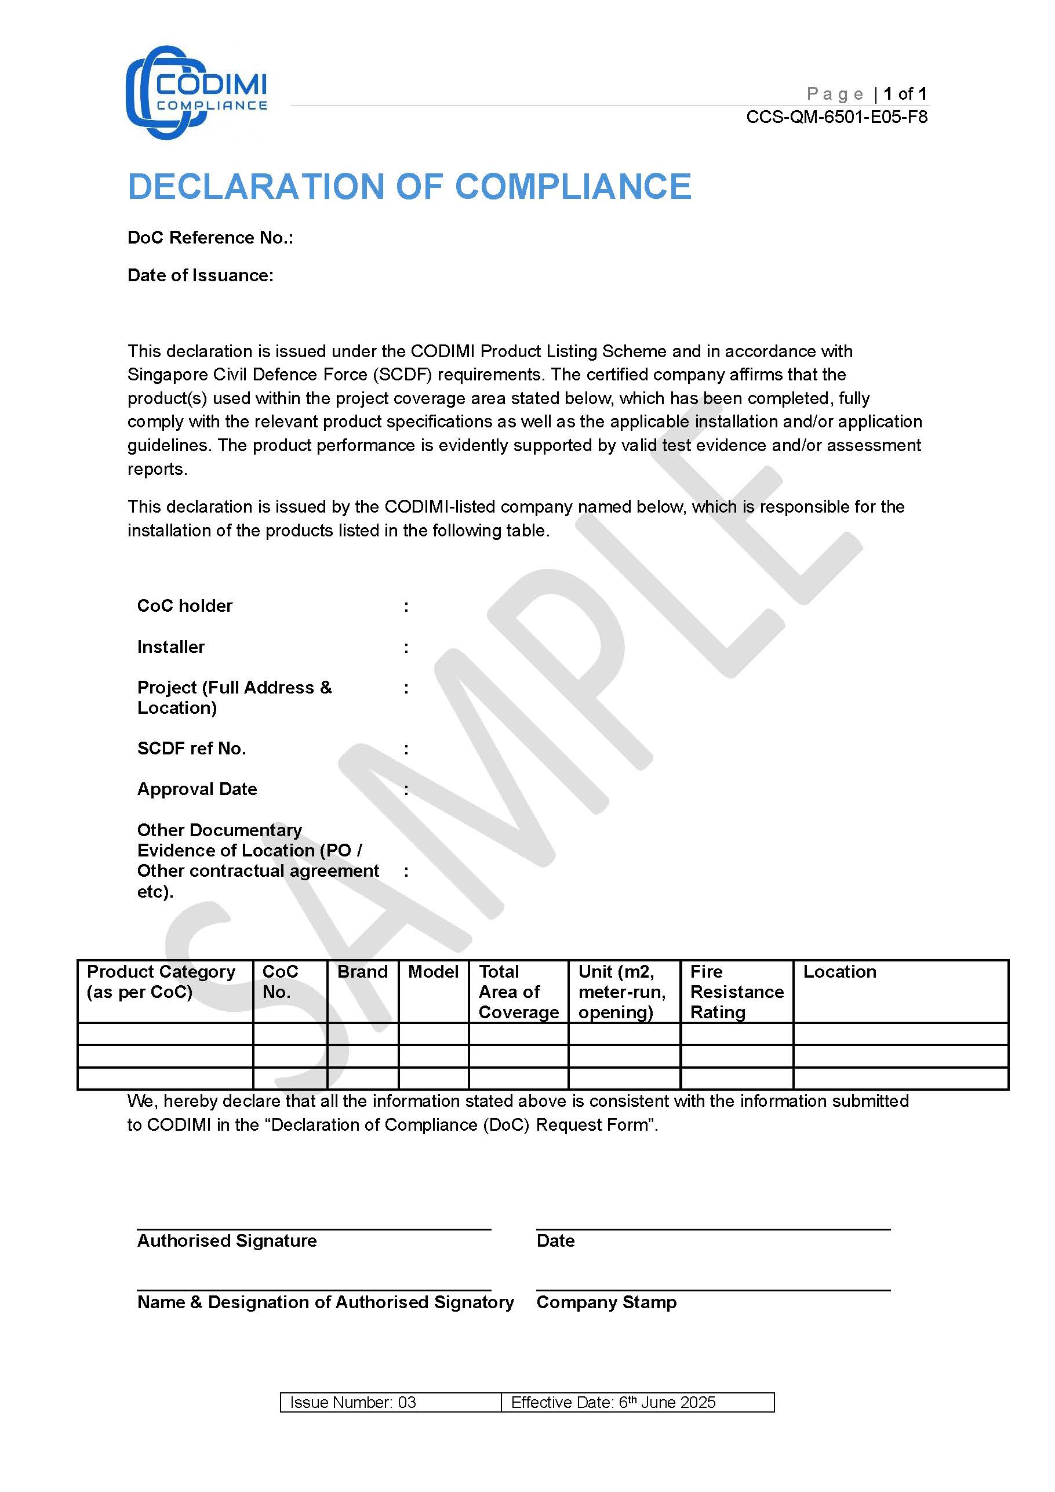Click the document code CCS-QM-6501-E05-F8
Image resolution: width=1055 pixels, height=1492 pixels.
tap(836, 117)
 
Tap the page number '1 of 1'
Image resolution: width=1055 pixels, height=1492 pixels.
tap(905, 93)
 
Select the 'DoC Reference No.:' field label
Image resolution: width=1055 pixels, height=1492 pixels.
tap(210, 238)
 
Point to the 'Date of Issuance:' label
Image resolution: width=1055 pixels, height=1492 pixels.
tap(200, 275)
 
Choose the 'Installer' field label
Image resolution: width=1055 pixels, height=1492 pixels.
tap(171, 647)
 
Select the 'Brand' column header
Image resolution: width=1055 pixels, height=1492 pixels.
tap(362, 971)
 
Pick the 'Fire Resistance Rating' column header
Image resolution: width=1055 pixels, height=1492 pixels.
tap(736, 992)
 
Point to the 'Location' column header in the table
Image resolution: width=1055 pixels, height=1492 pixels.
tap(839, 971)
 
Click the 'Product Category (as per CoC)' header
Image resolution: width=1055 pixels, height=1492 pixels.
tap(161, 981)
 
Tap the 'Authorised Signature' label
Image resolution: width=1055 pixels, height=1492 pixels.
tap(227, 1240)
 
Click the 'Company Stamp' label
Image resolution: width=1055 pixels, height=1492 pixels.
tap(606, 1302)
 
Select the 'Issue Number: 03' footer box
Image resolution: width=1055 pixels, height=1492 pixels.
tap(353, 1402)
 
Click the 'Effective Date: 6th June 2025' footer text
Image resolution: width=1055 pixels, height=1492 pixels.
tap(613, 1402)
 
